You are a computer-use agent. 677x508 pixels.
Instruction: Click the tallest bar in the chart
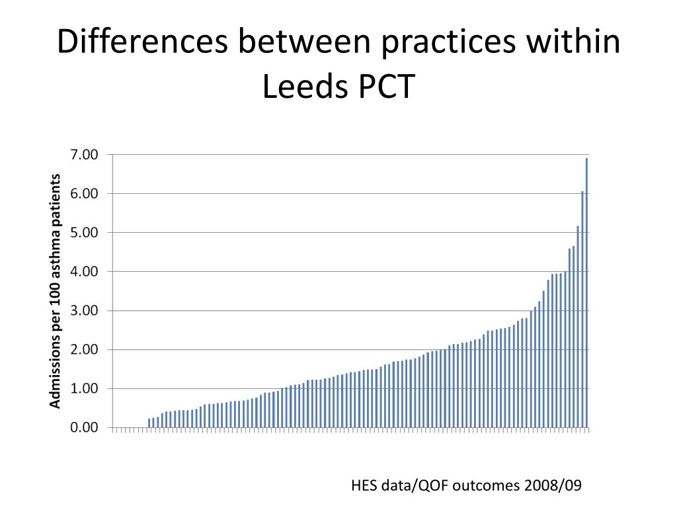click(x=586, y=294)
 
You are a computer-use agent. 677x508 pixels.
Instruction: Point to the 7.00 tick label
click(x=84, y=155)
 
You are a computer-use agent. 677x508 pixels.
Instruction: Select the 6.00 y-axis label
click(x=84, y=194)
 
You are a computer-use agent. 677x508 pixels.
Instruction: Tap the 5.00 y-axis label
click(x=84, y=233)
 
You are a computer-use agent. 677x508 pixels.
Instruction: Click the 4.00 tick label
click(x=84, y=272)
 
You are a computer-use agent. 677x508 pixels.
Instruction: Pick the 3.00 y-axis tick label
click(x=84, y=311)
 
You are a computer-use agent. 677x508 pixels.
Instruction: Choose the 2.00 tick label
click(x=84, y=350)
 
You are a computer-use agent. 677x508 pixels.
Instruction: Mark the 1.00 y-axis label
click(x=84, y=389)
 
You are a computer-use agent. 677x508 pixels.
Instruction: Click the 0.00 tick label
click(x=84, y=428)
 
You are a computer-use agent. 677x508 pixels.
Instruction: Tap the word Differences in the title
click(x=144, y=43)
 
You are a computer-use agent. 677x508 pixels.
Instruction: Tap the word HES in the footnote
click(x=363, y=486)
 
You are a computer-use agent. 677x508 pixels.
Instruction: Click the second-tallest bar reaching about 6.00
click(x=582, y=310)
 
